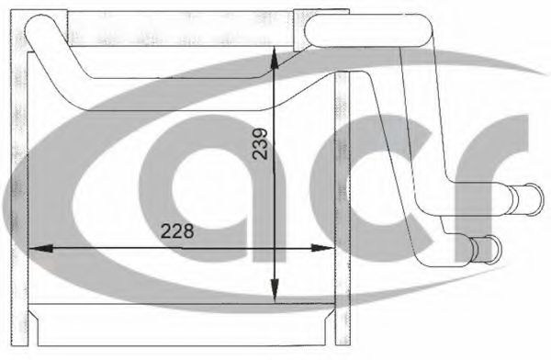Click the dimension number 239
click(261, 144)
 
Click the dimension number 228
click(177, 231)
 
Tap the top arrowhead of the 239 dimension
click(275, 59)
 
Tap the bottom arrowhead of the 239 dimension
click(275, 292)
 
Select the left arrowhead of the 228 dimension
click(40, 249)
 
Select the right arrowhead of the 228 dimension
click(322, 248)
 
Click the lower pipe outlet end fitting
click(487, 250)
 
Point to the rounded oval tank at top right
click(369, 30)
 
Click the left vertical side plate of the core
click(19, 177)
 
